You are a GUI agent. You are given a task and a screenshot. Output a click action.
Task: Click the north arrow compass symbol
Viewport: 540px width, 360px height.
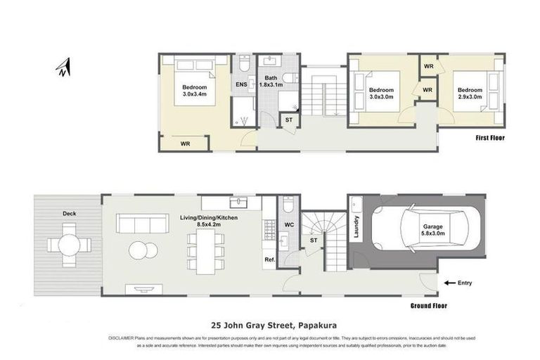pyautogui.click(x=63, y=67)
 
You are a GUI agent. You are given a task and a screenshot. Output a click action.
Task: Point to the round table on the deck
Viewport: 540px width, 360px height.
pyautogui.click(x=70, y=245)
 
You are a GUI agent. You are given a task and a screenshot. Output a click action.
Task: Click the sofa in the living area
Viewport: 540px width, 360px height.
pyautogui.click(x=141, y=224)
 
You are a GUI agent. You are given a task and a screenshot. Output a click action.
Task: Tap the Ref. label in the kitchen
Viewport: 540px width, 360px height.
pyautogui.click(x=269, y=259)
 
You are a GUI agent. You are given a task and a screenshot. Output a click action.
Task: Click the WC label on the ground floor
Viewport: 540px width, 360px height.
pyautogui.click(x=289, y=226)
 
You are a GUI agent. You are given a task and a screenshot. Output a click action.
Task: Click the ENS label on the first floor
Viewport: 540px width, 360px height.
pyautogui.click(x=241, y=84)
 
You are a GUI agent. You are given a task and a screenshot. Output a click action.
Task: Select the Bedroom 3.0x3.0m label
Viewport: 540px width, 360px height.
pyautogui.click(x=382, y=94)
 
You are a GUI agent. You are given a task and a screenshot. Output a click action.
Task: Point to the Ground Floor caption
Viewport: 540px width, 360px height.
pyautogui.click(x=428, y=306)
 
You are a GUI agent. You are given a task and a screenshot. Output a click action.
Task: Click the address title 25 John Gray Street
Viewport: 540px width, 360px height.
pyautogui.click(x=270, y=326)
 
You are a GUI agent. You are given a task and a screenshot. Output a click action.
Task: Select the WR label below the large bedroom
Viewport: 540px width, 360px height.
pyautogui.click(x=185, y=143)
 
